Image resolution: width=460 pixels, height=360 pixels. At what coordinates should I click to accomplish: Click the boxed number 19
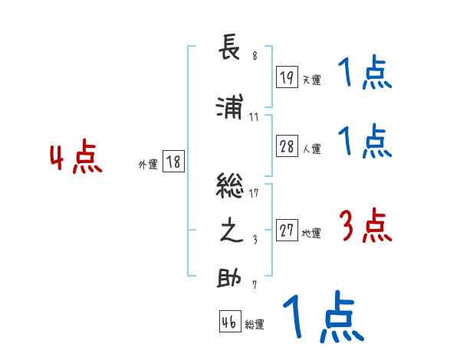pyautogui.click(x=287, y=77)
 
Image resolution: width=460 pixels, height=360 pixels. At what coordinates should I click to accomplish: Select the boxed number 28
pyautogui.click(x=287, y=147)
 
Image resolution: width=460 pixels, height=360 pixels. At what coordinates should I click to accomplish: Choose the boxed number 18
pyautogui.click(x=173, y=162)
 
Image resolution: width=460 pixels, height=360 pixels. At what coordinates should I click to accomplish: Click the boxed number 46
pyautogui.click(x=229, y=322)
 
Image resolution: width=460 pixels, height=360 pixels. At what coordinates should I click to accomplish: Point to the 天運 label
pyautogui.click(x=312, y=80)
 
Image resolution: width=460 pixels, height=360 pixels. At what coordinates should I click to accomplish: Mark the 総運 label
pyautogui.click(x=255, y=325)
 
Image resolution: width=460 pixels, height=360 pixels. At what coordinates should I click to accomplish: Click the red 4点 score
pyautogui.click(x=76, y=159)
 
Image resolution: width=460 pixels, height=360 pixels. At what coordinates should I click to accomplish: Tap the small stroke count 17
pyautogui.click(x=255, y=191)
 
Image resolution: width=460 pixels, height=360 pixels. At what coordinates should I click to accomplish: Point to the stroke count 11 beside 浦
pyautogui.click(x=255, y=117)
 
